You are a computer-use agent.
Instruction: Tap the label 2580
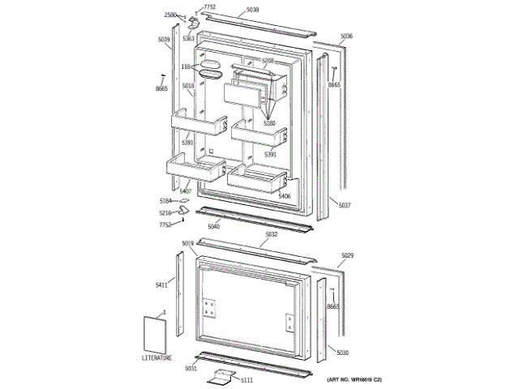[x=170, y=15]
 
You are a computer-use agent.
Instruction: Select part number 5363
[x=188, y=38]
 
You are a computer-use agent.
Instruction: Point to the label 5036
[x=346, y=36]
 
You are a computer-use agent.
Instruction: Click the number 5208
[x=268, y=61]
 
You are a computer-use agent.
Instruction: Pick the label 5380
[x=269, y=123]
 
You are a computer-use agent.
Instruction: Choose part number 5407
[x=186, y=190]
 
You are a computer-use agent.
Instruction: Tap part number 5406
[x=284, y=195]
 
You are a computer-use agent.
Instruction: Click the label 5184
[x=165, y=200]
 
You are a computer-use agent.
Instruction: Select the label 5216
[x=165, y=212]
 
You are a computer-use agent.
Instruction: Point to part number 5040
[x=214, y=226]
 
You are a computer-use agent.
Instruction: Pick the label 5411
[x=161, y=284]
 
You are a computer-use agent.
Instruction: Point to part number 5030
[x=343, y=353]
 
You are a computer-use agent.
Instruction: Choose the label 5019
[x=187, y=243]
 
